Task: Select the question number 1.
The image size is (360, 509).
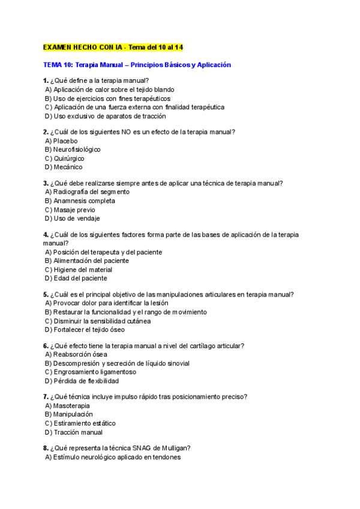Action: [x=46, y=80]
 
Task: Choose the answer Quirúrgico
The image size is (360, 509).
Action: [x=68, y=158]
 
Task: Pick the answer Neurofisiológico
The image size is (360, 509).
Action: [x=77, y=149]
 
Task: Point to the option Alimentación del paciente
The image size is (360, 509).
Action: [x=91, y=261]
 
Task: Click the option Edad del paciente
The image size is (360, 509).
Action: [x=80, y=279]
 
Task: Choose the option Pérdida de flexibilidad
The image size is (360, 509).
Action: [x=86, y=381]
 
